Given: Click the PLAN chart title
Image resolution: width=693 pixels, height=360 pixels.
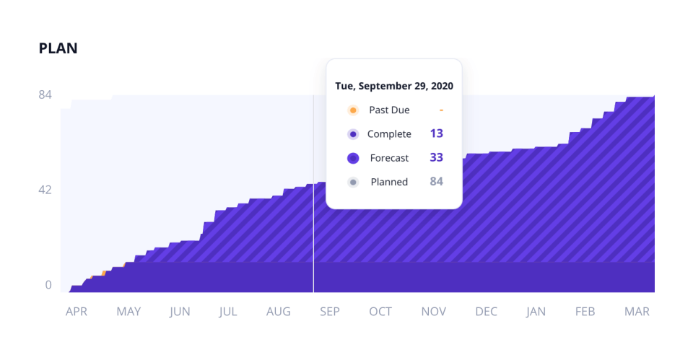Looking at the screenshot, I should pos(58,49).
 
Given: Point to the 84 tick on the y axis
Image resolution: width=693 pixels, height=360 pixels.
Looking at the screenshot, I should pos(45,95).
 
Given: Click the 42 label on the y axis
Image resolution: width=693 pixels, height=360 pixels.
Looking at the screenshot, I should pos(45,190).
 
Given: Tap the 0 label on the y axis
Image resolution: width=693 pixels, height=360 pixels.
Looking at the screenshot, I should pos(48,285).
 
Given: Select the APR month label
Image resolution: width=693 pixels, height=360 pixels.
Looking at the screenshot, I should pos(77,312).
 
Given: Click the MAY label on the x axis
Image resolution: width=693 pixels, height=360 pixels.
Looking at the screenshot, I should pos(128,312).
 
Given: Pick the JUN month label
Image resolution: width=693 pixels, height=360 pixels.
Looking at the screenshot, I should pos(180,312).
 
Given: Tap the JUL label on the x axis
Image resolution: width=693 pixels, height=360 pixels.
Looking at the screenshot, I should pos(228,312).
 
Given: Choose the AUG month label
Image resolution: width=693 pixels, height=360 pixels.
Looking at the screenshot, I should pos(279,312).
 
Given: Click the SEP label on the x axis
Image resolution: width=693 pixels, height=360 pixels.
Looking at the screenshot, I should pos(329,312).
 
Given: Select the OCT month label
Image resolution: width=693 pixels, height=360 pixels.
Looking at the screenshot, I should pos(380,312).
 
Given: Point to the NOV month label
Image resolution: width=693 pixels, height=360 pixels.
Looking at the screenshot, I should pos(434,312).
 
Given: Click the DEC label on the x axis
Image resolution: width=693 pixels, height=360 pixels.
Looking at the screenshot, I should pos(486,312).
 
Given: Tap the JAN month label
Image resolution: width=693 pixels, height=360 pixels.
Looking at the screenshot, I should pos(536,312).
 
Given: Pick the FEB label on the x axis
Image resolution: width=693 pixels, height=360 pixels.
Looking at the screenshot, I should pos(585,312).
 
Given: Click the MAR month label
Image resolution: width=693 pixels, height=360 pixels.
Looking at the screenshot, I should pos(637,312).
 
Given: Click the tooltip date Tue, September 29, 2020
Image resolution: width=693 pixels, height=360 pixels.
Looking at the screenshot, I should pos(394,86).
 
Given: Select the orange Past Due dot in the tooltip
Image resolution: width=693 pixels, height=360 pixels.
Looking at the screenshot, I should pos(353,110).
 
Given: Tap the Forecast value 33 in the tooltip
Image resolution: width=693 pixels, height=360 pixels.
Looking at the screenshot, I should pos(436,158).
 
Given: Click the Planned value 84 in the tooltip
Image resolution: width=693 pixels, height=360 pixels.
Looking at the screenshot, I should pos(436,182).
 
